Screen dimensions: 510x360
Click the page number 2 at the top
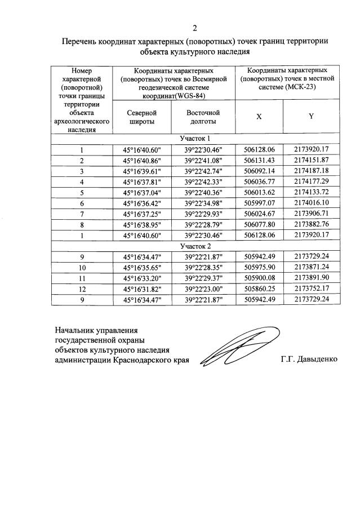(195, 28)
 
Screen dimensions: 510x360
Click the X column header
(259, 116)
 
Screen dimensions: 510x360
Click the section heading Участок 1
(195, 139)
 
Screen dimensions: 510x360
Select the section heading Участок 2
(195, 246)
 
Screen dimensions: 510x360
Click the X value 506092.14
(259, 171)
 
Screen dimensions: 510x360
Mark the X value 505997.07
(259, 203)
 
